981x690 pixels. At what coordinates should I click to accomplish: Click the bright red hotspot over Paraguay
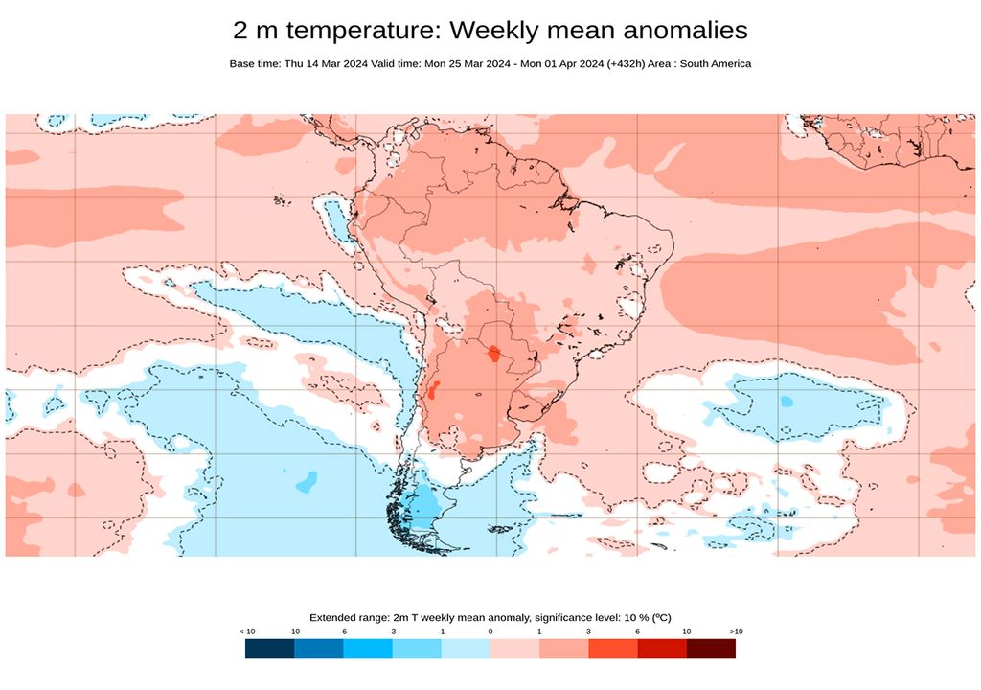[493, 354]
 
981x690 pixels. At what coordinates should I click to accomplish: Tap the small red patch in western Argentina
[433, 390]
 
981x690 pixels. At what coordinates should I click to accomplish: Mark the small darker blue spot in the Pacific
[307, 481]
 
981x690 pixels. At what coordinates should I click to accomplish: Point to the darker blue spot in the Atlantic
[787, 401]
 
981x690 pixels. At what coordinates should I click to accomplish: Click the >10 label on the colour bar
[735, 632]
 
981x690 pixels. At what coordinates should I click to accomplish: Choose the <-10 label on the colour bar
[246, 632]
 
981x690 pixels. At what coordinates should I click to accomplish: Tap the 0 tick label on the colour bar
[490, 632]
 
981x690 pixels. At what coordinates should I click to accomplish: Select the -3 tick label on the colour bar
[393, 632]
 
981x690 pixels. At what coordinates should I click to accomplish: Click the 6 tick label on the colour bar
[637, 632]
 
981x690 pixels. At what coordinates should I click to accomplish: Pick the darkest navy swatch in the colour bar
[269, 649]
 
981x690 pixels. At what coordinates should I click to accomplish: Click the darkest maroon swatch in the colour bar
[711, 649]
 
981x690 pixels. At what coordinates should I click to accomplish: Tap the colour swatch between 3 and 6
[613, 649]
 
